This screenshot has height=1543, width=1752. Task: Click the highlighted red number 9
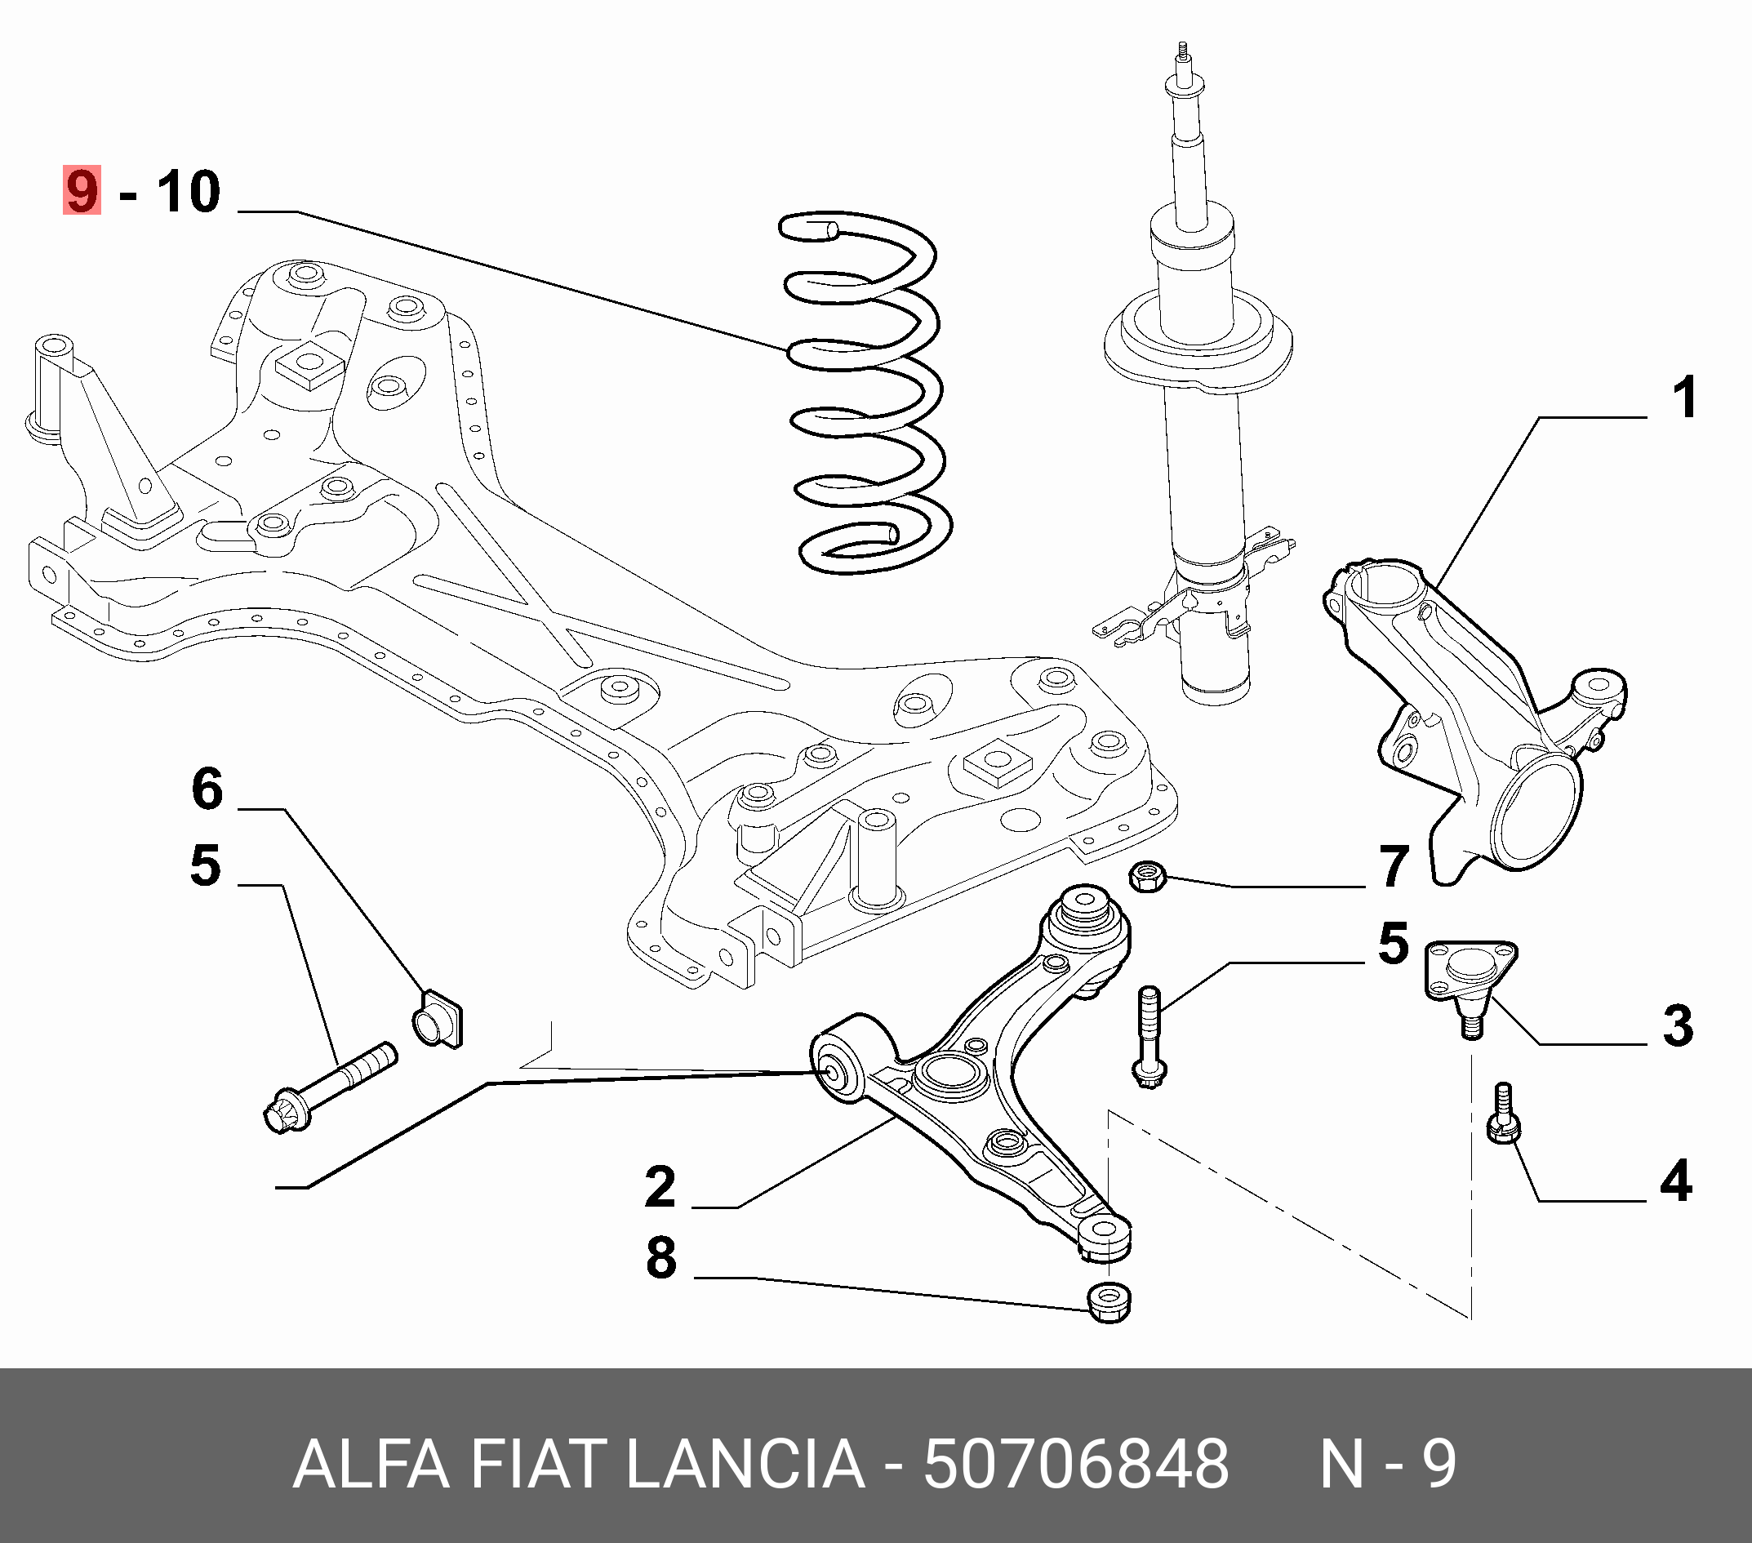click(82, 191)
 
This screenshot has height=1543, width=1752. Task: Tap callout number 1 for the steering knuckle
click(1684, 398)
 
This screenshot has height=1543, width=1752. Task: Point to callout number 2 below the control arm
click(660, 1187)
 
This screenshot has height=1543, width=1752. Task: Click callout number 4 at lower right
click(1676, 1181)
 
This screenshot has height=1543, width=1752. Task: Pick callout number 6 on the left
click(207, 789)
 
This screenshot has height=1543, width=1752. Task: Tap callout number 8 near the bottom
click(660, 1258)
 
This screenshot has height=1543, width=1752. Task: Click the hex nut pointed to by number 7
click(1147, 876)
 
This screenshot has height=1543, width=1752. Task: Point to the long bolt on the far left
click(330, 1085)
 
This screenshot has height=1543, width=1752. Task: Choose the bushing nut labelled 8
click(1109, 1301)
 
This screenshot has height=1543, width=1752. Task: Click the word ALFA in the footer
click(371, 1464)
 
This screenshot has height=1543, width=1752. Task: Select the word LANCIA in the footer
click(745, 1464)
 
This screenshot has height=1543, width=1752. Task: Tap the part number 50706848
click(1076, 1464)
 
